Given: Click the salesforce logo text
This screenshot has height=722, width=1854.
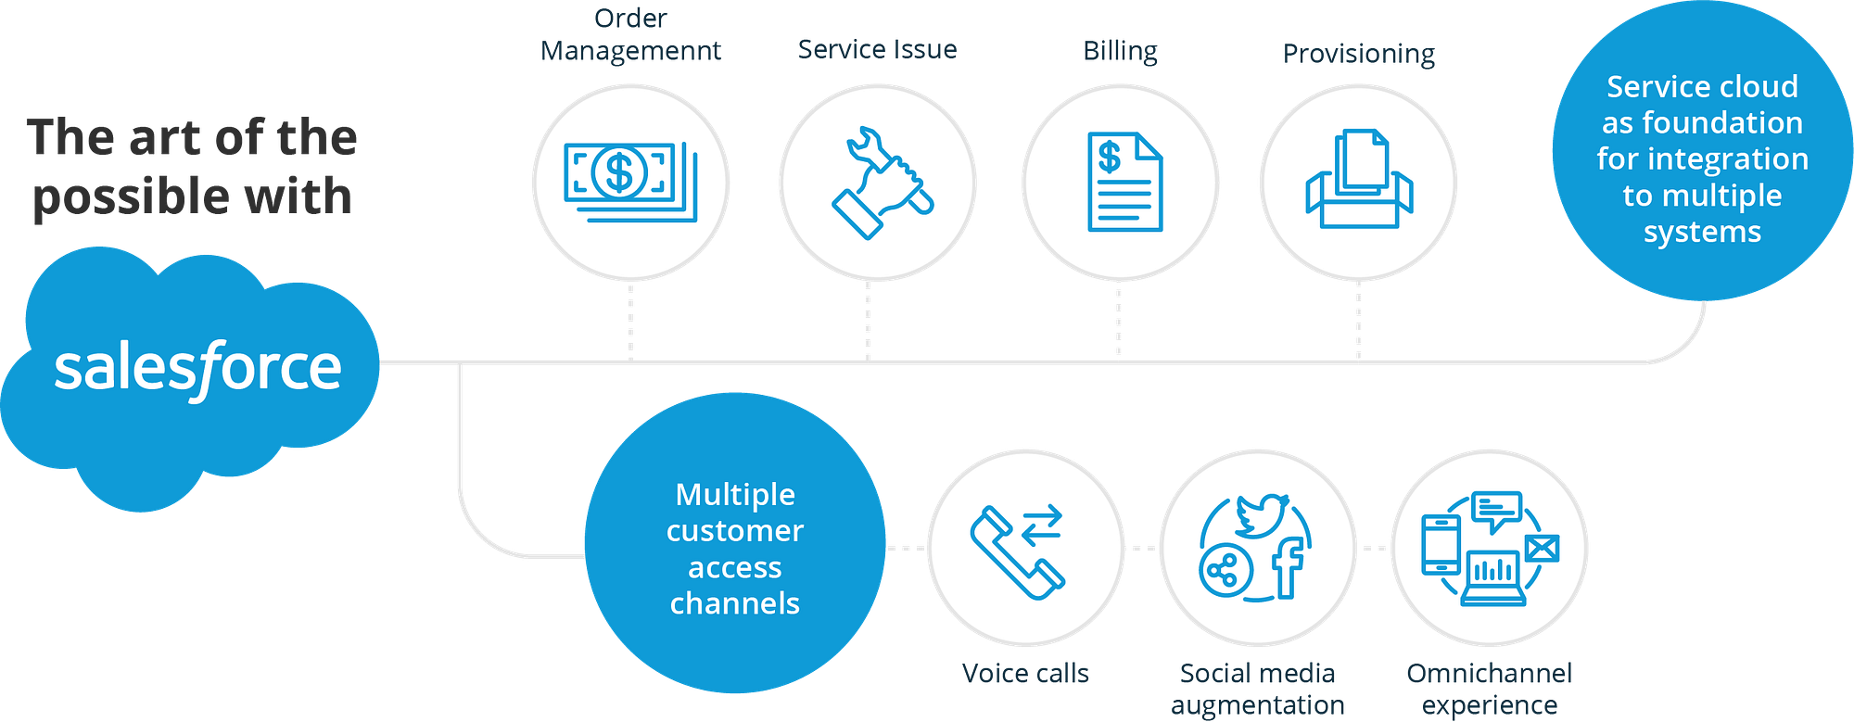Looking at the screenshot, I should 197,369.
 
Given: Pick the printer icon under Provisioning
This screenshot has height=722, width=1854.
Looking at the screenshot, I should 1359,181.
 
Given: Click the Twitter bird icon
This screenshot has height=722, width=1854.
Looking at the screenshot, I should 1262,514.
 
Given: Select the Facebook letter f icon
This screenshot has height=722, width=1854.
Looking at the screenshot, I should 1289,566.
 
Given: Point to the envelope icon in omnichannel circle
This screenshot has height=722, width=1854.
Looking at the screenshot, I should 1541,549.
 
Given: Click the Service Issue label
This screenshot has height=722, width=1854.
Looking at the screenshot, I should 877,49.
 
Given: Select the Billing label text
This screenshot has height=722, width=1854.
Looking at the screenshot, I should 1121,51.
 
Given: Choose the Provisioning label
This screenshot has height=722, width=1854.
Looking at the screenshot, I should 1359,55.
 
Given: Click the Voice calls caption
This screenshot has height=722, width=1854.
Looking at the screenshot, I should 1026,674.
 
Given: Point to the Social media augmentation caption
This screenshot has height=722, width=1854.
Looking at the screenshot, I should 1258,689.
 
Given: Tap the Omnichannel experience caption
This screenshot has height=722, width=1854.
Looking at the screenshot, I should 1490,689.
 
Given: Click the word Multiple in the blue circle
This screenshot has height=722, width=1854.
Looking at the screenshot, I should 735,495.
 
